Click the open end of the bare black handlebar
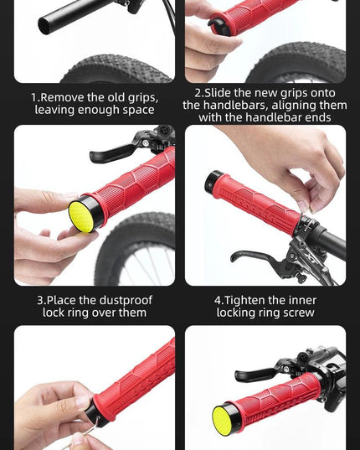(x=45, y=25)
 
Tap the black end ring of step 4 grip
(x=211, y=181)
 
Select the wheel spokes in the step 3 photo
(x=152, y=268)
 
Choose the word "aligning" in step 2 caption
(x=293, y=106)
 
